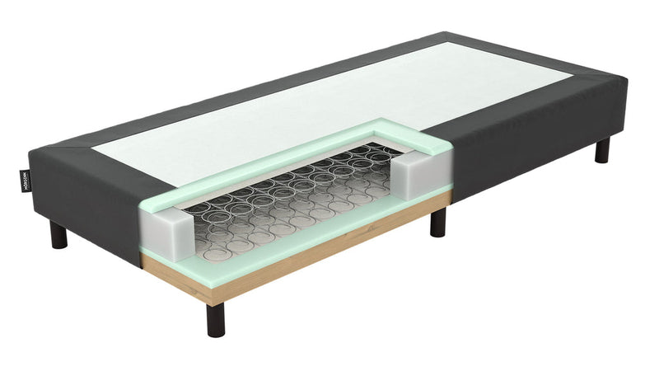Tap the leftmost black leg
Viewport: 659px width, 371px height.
coord(58,235)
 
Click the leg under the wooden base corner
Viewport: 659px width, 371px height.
coord(216,319)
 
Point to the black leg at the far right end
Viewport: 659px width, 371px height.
coord(603,150)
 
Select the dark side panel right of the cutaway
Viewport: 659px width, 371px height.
coord(527,140)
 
